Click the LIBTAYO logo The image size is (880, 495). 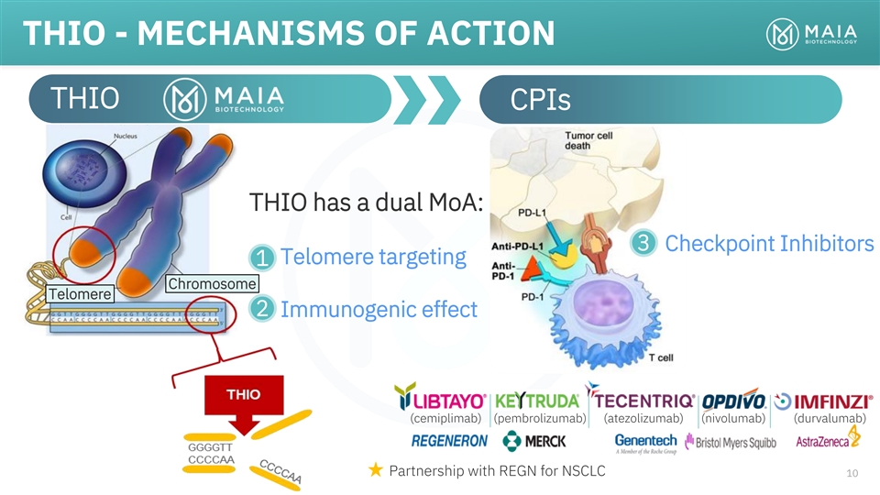440,399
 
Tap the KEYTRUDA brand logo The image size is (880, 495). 536,401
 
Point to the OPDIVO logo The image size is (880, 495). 733,401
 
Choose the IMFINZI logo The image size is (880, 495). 823,401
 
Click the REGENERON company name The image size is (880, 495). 449,441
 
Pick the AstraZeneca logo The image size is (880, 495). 829,439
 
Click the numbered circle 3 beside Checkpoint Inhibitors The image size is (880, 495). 643,244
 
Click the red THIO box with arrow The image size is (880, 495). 244,402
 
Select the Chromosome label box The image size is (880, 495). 210,283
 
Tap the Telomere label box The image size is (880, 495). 80,294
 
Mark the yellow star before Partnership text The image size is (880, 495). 374,471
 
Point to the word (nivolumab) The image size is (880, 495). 733,419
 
